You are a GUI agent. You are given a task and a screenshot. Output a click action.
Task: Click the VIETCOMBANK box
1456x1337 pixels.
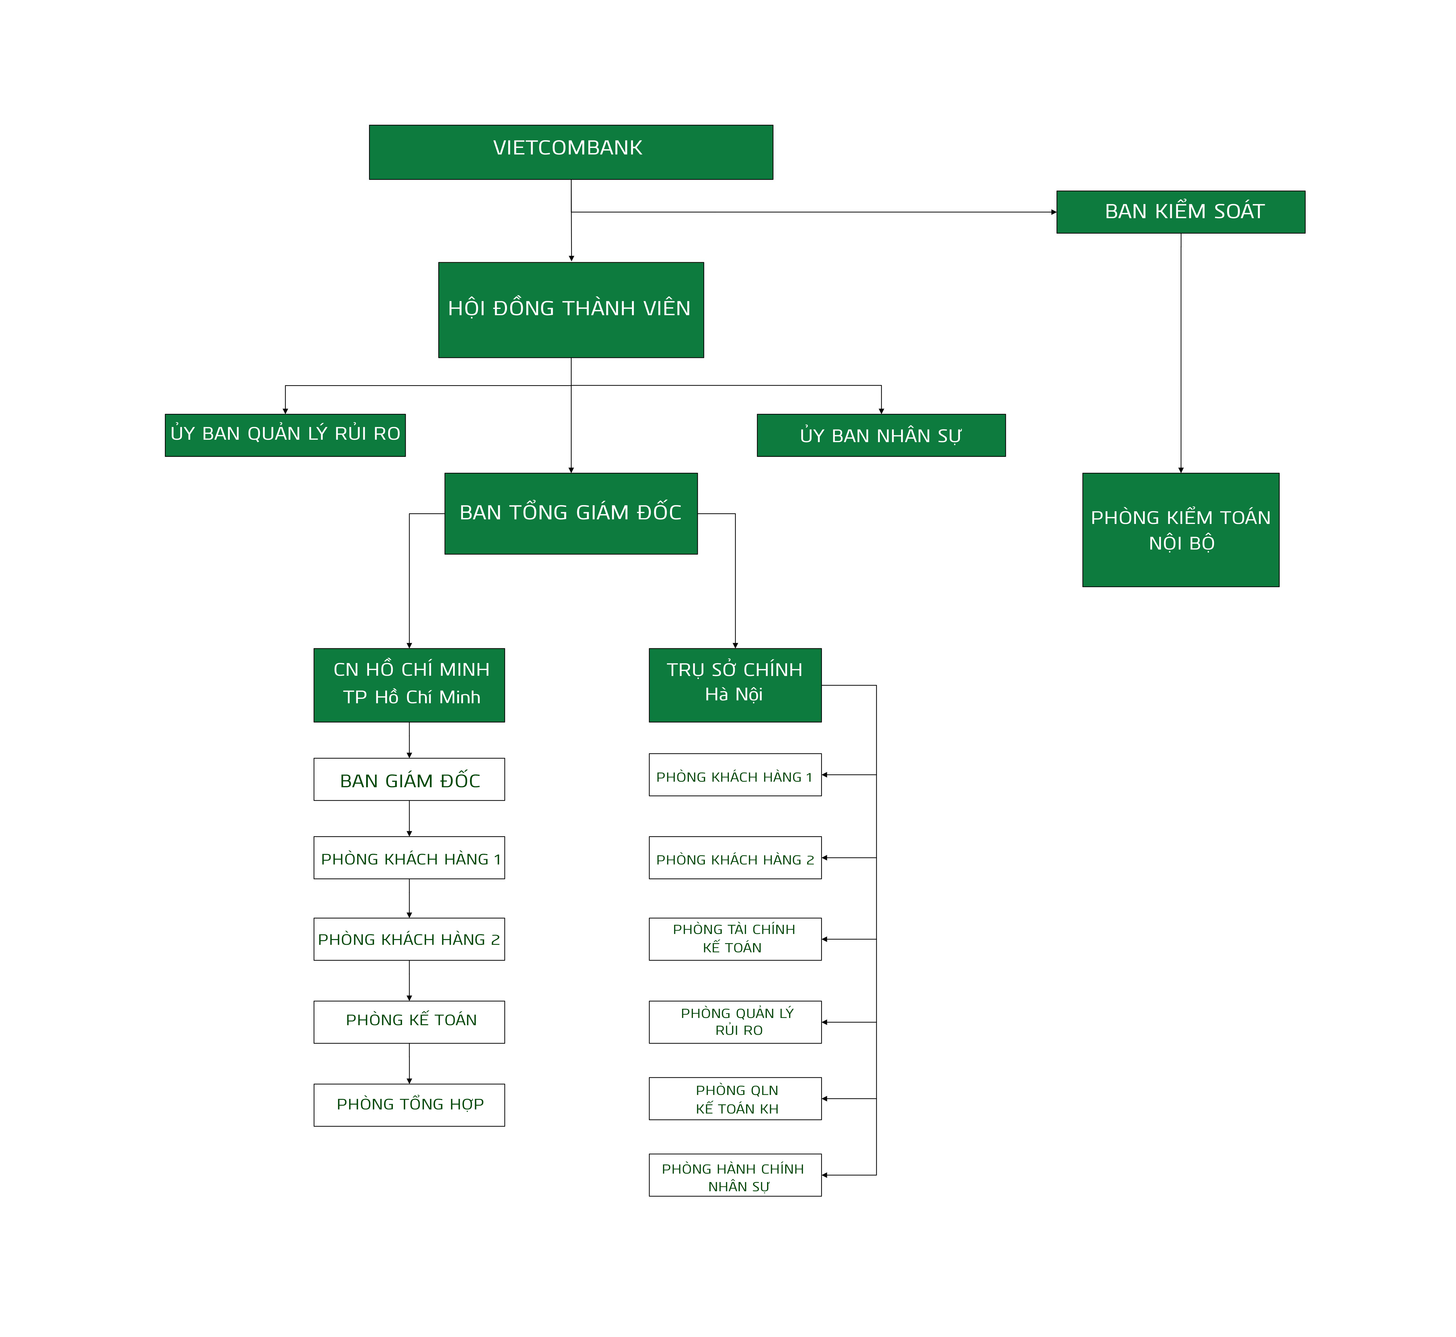[571, 152]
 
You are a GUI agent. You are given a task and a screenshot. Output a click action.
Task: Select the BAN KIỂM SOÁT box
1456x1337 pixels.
[1181, 212]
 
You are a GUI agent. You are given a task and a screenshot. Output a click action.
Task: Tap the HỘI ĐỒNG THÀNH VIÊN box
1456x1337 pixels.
[571, 310]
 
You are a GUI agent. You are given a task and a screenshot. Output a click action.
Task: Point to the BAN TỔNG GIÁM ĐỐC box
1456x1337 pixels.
[571, 514]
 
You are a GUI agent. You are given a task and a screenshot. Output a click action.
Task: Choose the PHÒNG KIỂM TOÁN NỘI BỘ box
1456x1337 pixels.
[1181, 529]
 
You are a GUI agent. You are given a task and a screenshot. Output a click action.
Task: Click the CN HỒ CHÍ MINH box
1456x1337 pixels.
[409, 685]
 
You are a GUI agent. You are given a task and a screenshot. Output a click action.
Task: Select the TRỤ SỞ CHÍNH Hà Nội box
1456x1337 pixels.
[735, 685]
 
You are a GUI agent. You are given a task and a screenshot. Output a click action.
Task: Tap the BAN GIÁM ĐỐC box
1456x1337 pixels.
[409, 779]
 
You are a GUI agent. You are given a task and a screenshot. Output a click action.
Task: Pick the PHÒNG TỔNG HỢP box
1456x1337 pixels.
[409, 1105]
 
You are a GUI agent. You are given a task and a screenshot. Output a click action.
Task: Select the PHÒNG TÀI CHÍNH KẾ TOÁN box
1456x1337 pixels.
[735, 939]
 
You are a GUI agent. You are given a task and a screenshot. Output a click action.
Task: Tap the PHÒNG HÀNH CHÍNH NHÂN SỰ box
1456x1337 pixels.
[735, 1175]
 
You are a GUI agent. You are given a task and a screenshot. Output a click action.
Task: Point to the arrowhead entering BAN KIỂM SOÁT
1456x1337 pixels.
[1054, 212]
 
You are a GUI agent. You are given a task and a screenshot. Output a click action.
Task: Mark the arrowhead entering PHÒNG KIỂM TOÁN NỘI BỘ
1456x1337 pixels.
[1181, 470]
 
